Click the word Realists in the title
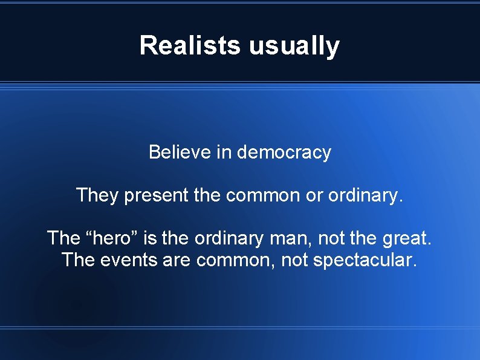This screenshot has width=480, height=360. coord(190,45)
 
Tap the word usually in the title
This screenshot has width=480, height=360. coord(294,45)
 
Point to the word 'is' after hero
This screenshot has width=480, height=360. coord(151,238)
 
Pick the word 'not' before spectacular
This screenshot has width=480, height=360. coord(295,261)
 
